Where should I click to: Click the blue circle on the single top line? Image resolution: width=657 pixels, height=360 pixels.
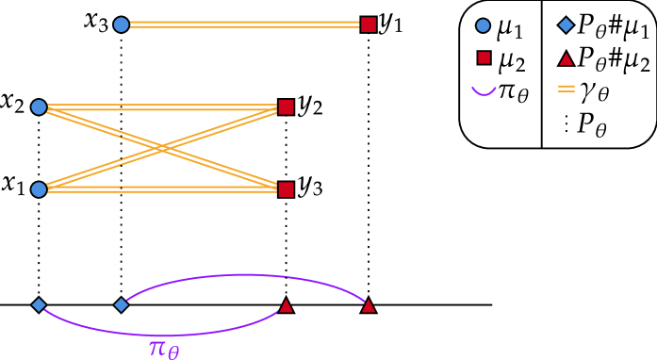pos(122,25)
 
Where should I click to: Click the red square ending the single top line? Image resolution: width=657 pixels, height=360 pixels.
pos(369,25)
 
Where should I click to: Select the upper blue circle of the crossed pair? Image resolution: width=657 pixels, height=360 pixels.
pos(39,107)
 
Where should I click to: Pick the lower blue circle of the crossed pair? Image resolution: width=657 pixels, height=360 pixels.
pos(39,189)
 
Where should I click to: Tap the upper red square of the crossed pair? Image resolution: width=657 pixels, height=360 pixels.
pos(286,107)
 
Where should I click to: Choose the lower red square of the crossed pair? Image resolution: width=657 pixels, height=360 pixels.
pos(286,189)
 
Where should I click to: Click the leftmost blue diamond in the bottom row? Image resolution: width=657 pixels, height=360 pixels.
pos(39,304)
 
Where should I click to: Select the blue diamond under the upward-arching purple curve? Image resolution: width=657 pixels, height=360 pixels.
pos(122,304)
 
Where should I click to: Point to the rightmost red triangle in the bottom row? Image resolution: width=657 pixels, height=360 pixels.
pos(369,305)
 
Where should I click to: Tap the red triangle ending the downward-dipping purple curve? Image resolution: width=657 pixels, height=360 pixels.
pos(286,305)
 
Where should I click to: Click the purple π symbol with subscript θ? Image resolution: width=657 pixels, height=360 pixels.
pos(163,349)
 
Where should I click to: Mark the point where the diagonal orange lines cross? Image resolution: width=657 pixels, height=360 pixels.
pos(162,148)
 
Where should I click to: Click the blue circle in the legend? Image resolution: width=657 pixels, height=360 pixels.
pos(483,25)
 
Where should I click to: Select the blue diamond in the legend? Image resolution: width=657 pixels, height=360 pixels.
pos(566,25)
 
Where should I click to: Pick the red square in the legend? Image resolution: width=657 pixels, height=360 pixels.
pos(484,57)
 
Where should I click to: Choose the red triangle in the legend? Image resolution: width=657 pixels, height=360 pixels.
pos(566,58)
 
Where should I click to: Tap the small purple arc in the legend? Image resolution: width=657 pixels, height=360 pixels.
pos(484,91)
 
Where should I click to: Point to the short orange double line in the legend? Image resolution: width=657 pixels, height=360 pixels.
pos(566,89)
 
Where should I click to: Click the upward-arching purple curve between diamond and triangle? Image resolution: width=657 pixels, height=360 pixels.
pos(245,275)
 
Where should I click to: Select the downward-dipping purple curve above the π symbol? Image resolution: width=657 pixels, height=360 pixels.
pos(160,335)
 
